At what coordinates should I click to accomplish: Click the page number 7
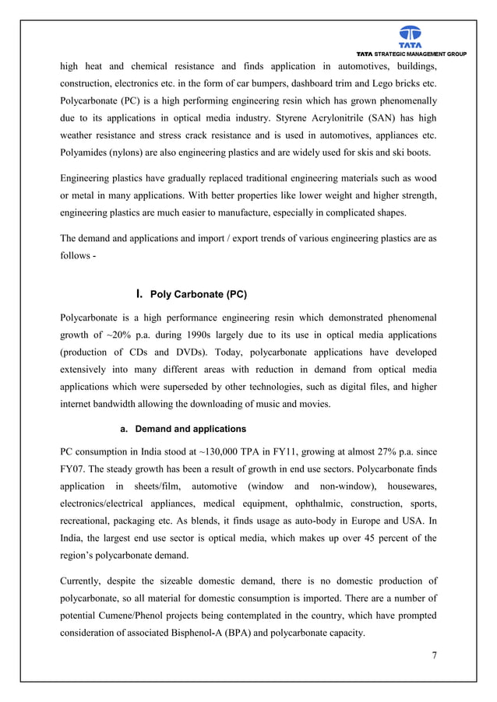[x=434, y=655]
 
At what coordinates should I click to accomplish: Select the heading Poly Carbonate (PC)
[x=199, y=295]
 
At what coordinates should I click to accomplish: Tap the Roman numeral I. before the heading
[x=139, y=294]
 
